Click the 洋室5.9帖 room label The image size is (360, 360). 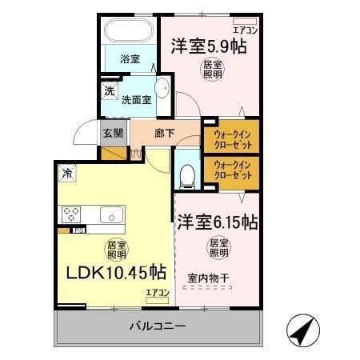click(x=207, y=46)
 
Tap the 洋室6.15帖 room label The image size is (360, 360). click(x=217, y=220)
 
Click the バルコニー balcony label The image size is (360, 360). click(x=158, y=326)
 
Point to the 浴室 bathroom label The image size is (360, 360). click(x=130, y=58)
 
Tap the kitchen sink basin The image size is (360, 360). click(x=110, y=214)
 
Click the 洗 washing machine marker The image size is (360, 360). click(x=109, y=90)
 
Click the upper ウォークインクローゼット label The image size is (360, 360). click(x=231, y=140)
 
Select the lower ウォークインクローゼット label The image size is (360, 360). click(x=231, y=171)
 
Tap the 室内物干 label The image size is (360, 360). click(x=209, y=278)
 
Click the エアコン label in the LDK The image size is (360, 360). click(x=158, y=294)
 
